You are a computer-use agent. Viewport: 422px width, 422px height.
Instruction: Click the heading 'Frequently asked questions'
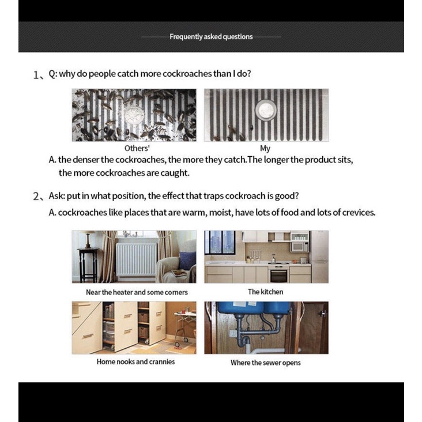click(211, 36)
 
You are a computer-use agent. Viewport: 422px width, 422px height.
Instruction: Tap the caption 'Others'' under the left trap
click(137, 148)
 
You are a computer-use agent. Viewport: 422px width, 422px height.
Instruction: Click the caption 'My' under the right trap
click(265, 148)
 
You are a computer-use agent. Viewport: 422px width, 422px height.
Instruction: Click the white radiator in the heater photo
click(137, 259)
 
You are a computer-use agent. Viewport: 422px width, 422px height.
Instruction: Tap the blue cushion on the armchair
click(186, 260)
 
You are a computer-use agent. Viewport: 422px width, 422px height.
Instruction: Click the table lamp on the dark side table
click(88, 239)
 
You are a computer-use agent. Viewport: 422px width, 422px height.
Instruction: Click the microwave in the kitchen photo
click(300, 246)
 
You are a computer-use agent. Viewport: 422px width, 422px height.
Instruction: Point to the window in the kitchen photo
click(219, 242)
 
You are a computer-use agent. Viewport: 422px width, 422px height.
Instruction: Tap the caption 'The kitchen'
click(265, 292)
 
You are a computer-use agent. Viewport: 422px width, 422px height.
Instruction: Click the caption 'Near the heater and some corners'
click(137, 292)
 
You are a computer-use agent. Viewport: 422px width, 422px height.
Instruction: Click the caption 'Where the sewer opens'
click(265, 363)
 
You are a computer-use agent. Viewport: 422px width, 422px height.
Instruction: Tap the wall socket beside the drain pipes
click(233, 333)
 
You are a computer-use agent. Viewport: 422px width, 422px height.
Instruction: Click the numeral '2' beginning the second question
click(35, 196)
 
